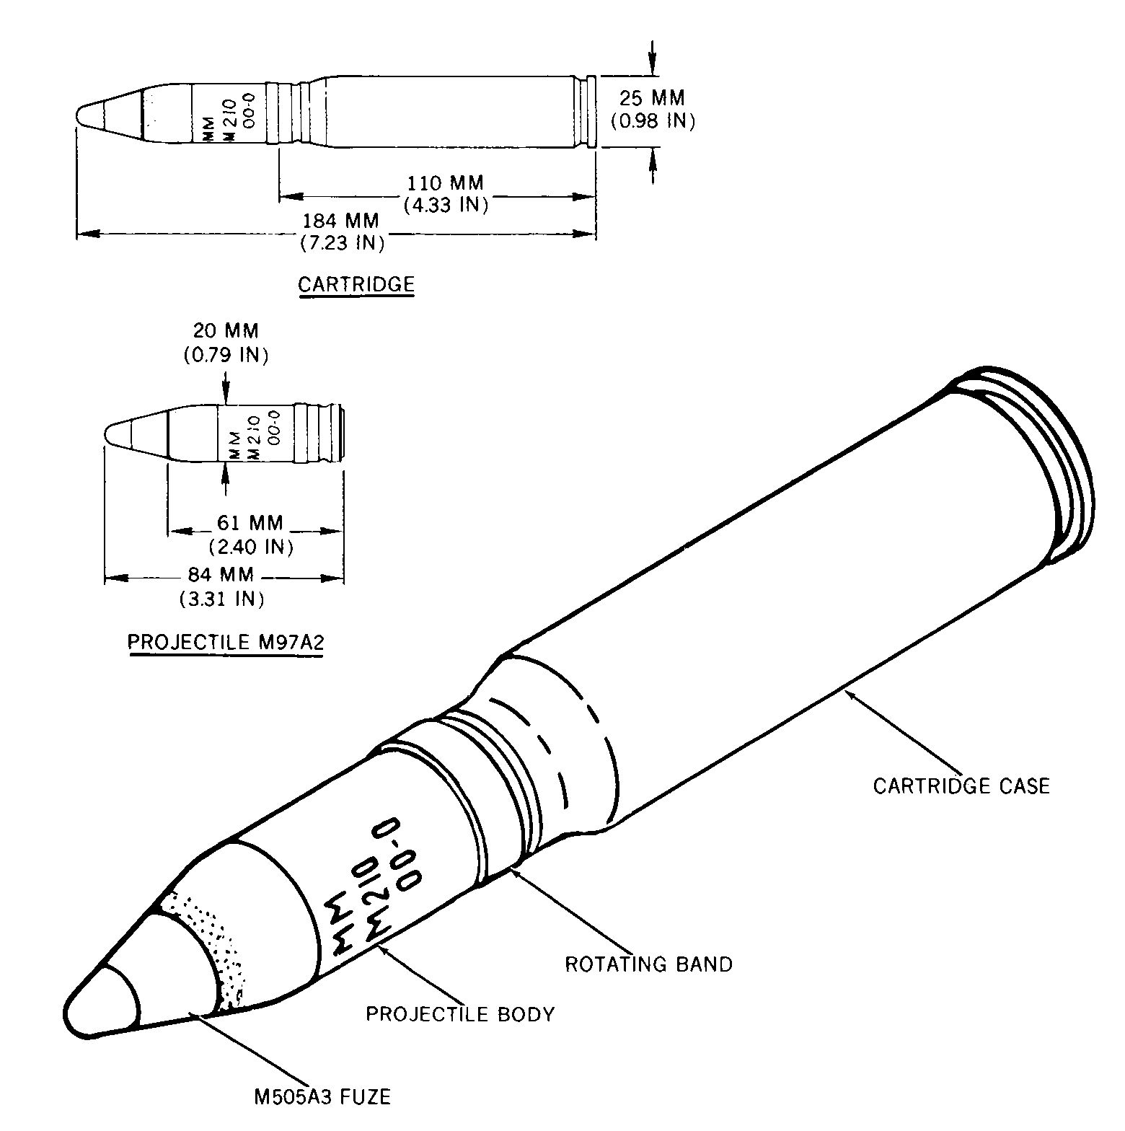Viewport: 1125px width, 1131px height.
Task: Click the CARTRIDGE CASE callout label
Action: (961, 785)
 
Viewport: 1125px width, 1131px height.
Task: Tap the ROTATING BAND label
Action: (648, 964)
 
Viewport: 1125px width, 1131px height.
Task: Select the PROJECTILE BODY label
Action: (460, 1013)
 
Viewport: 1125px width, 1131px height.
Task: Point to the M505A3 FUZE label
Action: (322, 1097)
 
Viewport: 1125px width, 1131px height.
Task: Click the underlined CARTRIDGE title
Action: (356, 284)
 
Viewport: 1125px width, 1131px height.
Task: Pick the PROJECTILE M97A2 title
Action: (226, 642)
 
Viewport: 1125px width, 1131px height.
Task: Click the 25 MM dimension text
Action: (652, 97)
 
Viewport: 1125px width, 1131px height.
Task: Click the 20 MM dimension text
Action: (226, 331)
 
